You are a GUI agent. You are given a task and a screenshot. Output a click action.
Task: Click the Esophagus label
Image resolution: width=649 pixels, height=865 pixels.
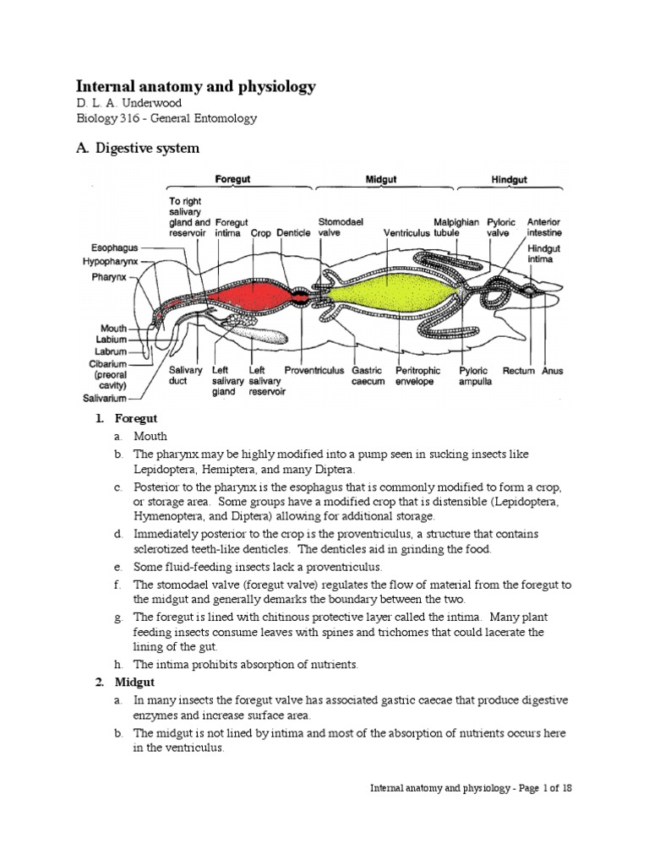coord(114,249)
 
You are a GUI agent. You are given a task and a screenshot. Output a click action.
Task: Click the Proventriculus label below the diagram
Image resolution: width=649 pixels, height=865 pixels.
coord(311,370)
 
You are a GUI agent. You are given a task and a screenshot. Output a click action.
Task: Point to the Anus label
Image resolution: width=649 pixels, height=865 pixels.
coord(553,370)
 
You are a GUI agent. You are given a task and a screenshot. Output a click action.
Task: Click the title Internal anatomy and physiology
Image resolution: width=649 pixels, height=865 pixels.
coord(196,86)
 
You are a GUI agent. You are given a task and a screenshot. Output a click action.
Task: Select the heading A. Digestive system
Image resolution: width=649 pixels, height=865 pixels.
coord(139,149)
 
